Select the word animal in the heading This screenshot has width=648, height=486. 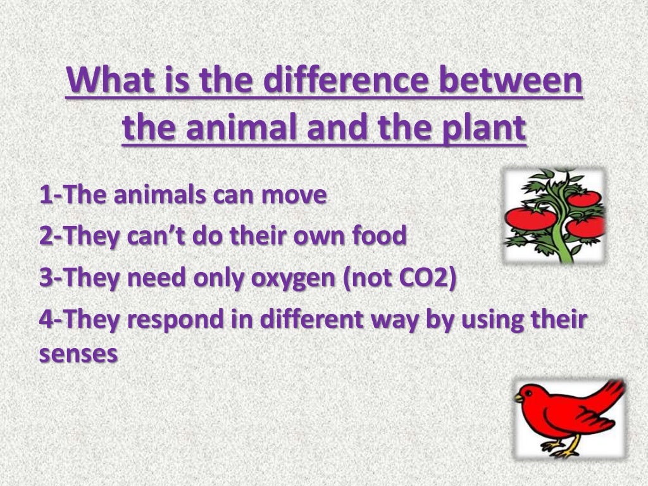(234, 128)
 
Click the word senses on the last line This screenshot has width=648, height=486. (78, 353)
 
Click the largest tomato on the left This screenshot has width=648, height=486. (530, 219)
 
